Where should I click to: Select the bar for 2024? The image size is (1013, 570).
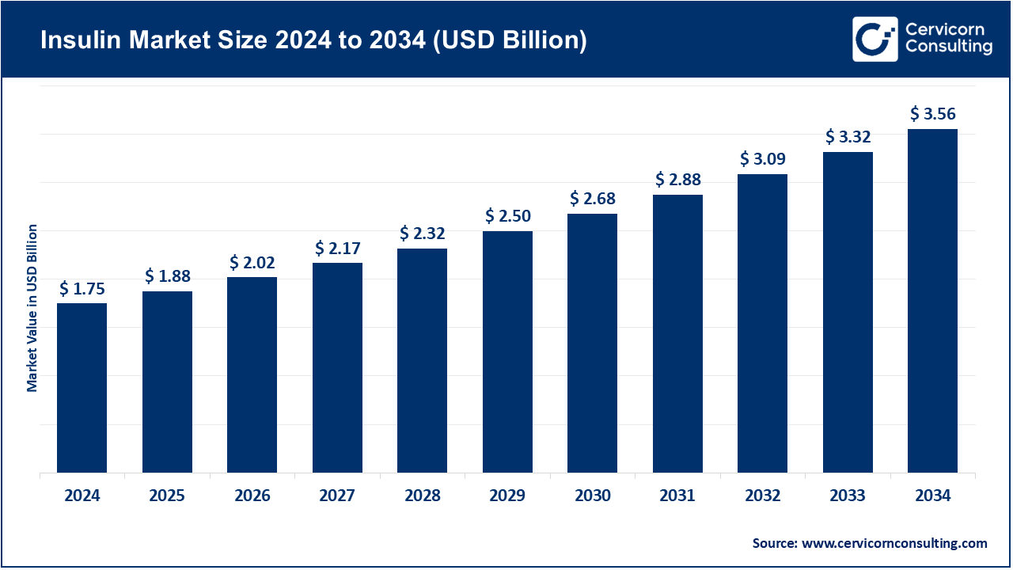(x=82, y=388)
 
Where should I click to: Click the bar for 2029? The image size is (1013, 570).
(x=507, y=352)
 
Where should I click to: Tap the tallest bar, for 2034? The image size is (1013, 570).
(x=932, y=301)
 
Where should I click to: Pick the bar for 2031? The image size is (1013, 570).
(x=677, y=333)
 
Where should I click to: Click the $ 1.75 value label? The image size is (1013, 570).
(x=82, y=289)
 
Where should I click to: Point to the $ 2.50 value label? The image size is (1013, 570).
(x=507, y=216)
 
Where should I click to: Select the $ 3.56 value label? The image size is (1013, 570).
(x=932, y=114)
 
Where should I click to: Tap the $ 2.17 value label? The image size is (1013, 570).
(x=337, y=249)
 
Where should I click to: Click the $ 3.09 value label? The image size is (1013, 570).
(x=762, y=159)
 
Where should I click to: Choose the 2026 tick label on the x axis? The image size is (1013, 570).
(x=252, y=496)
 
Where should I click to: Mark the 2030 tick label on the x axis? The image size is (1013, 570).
(x=592, y=496)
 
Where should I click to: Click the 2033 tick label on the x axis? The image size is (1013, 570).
(x=848, y=496)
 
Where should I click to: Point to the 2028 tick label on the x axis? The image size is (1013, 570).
(x=422, y=496)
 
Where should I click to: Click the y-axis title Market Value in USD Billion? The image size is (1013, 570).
(x=32, y=308)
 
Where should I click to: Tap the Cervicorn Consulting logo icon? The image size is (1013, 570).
(x=875, y=39)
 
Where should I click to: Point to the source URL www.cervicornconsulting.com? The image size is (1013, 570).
(x=894, y=543)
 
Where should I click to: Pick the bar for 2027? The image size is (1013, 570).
(x=337, y=368)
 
